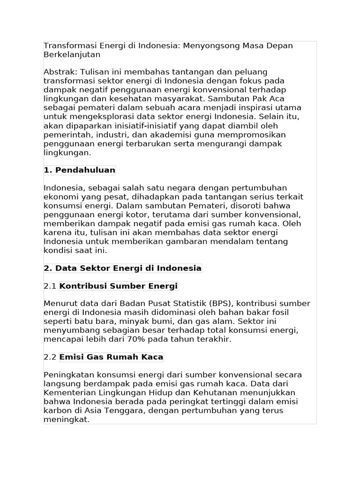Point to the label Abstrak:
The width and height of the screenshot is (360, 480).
tap(60, 72)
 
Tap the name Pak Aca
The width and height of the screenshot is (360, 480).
tap(268, 98)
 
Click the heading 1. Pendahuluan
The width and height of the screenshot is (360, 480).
tap(80, 170)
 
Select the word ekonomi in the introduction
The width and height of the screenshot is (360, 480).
tap(58, 197)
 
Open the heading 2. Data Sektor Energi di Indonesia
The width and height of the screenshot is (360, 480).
tap(122, 268)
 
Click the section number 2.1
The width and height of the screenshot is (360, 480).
tap(50, 286)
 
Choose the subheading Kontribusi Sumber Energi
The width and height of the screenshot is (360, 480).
tap(119, 286)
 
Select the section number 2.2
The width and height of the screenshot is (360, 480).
tap(50, 357)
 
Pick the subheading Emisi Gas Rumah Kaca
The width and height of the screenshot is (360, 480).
tap(111, 357)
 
